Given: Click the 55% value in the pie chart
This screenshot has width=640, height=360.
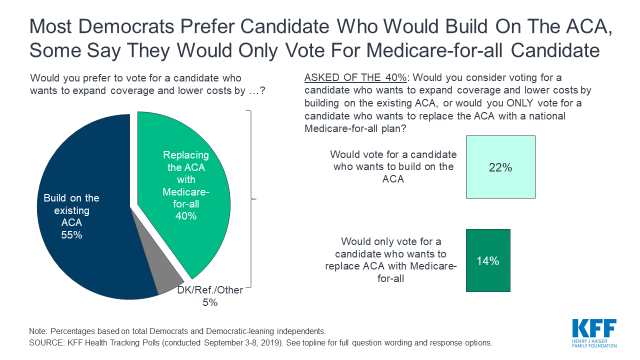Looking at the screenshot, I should [71, 235].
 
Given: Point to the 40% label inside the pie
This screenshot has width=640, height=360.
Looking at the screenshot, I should [186, 216].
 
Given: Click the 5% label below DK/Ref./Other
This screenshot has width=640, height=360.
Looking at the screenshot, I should [210, 302].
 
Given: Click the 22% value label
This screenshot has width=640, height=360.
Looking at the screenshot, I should [500, 168].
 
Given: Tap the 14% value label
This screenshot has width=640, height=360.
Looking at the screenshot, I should [488, 261].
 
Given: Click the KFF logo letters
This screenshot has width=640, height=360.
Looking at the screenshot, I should [594, 329].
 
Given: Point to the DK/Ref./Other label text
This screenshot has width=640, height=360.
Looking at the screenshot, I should [210, 290].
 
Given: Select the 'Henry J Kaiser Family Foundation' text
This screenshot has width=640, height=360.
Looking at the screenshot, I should [594, 342].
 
